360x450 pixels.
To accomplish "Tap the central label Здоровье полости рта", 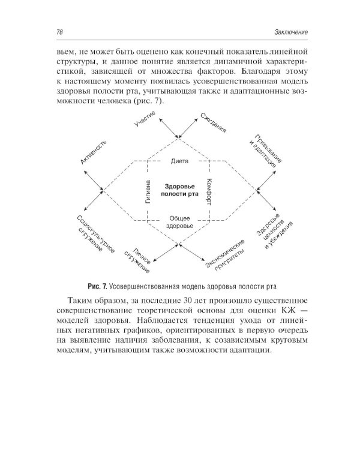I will point(179,190).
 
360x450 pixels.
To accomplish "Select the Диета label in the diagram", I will point(179,161).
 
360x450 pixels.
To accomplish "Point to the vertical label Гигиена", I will point(147,190).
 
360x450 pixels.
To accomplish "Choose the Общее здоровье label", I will point(179,221).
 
